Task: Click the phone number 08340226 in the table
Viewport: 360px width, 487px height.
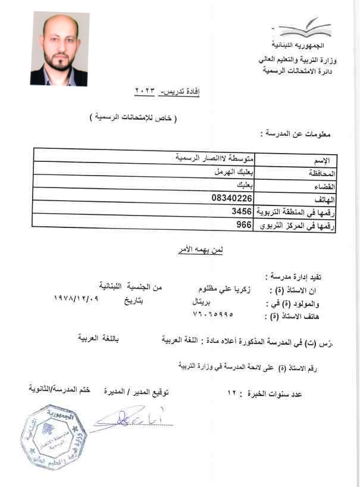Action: click(232, 197)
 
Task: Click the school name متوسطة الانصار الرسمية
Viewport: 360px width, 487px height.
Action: click(214, 158)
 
